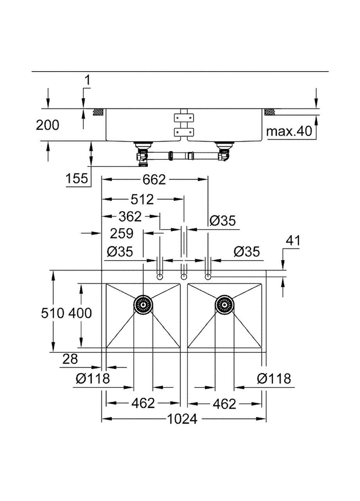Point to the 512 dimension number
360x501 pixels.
[x=142, y=200]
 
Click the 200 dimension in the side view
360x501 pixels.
[x=48, y=125]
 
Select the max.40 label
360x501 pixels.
[x=290, y=131]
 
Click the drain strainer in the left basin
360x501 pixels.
[x=143, y=304]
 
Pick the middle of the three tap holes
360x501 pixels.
[x=184, y=277]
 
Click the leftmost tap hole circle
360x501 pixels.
[x=160, y=277]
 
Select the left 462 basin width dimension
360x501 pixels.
[x=143, y=403]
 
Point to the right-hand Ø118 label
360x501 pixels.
[x=274, y=378]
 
